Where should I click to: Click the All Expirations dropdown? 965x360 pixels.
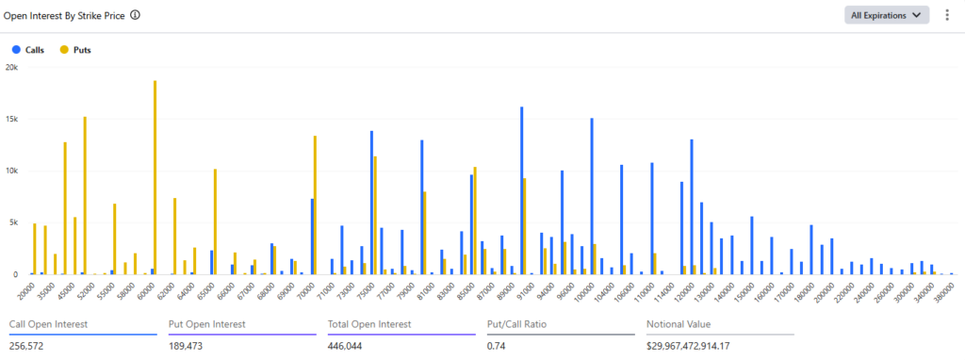click(886, 15)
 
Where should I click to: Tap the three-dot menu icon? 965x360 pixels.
click(947, 15)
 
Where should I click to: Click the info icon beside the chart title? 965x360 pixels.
click(135, 15)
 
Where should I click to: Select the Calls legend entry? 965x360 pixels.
click(28, 50)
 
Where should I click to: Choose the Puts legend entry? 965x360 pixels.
click(75, 50)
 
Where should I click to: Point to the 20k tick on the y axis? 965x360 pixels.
click(11, 67)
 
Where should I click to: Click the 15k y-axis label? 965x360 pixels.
click(11, 119)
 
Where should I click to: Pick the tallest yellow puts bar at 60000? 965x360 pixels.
click(155, 177)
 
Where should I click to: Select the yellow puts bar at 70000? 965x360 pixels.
click(315, 205)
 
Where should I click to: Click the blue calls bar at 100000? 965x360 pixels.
click(592, 196)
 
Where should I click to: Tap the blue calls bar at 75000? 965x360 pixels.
click(371, 203)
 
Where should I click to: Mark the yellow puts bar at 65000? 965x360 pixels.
click(215, 221)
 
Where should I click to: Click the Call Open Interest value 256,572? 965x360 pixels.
click(26, 346)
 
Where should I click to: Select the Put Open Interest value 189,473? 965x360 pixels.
click(186, 346)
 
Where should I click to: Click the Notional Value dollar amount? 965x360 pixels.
click(691, 346)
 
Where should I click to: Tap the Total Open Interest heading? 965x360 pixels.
click(369, 324)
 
